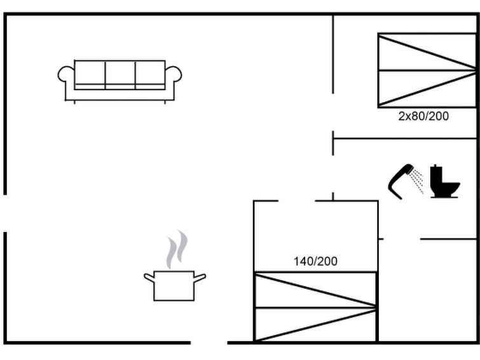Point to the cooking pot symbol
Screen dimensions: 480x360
(174, 286)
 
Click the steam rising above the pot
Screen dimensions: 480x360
(177, 249)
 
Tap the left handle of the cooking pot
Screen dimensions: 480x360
(149, 277)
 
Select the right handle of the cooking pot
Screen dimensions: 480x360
(200, 277)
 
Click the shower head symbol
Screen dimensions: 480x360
(401, 181)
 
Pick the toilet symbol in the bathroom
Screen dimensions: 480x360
(444, 181)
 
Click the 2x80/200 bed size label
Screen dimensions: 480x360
(423, 116)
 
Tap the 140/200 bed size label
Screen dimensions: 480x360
(315, 261)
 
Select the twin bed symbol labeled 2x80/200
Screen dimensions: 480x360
(427, 71)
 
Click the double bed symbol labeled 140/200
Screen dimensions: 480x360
(315, 307)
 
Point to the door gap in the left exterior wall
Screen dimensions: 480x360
(5, 213)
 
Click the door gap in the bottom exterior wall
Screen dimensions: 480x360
(209, 343)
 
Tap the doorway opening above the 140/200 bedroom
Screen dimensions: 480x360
(296, 201)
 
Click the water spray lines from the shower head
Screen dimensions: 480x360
(417, 181)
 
